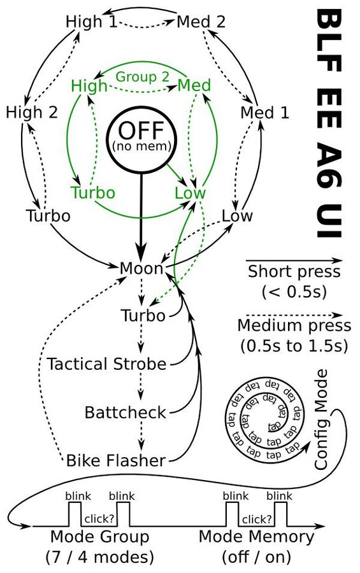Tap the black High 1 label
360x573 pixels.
[x=92, y=22]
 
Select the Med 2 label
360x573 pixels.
[x=201, y=22]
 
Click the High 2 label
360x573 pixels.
[x=32, y=112]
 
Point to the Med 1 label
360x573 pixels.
[x=264, y=112]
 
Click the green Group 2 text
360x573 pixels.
[x=142, y=77]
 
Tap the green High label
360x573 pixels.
[x=89, y=86]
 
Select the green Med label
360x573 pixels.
[x=194, y=85]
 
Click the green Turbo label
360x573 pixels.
[x=93, y=193]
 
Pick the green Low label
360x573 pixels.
[x=190, y=193]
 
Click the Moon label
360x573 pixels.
[x=141, y=269]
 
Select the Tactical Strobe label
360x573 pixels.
[x=106, y=364]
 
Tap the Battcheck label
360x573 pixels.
[x=125, y=413]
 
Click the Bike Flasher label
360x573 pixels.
[x=116, y=460]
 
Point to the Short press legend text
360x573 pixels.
[x=294, y=271]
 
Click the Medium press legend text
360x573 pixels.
[x=294, y=325]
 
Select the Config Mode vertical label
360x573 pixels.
[x=320, y=420]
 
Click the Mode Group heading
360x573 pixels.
[x=100, y=537]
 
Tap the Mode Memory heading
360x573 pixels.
[x=257, y=537]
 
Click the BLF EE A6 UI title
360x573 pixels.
[x=328, y=124]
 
